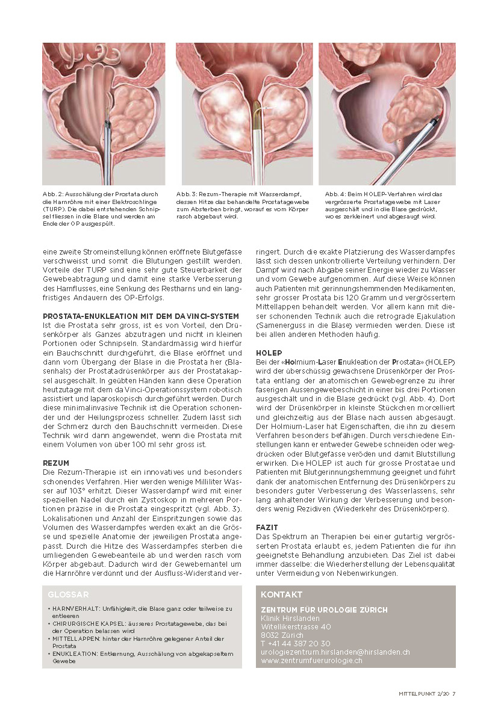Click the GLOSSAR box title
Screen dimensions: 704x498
tap(68, 594)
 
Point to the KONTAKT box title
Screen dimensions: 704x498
tap(281, 594)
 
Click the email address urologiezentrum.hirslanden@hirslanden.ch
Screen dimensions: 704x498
tap(335, 652)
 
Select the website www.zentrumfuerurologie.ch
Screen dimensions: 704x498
tap(311, 660)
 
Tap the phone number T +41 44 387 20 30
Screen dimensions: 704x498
tap(295, 643)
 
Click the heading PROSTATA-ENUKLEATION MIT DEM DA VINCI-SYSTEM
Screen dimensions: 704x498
tap(141, 316)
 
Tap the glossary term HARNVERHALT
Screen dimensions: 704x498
tap(73, 609)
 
